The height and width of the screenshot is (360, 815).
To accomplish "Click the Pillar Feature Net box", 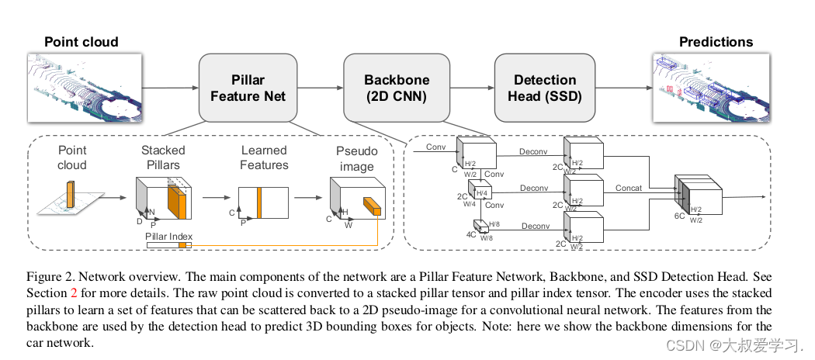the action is (248, 88).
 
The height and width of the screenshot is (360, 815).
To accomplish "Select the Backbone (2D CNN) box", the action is (397, 88).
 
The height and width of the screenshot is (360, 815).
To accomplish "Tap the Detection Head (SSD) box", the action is (545, 88).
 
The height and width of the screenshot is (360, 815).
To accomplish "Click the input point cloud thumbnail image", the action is (84, 88).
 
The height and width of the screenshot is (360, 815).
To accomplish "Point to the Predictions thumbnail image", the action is (712, 88).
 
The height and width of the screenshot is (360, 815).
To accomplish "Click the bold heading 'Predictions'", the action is (716, 42).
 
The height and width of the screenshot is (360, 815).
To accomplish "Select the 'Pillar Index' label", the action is (169, 237).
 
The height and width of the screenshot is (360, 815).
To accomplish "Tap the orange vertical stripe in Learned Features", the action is (258, 203).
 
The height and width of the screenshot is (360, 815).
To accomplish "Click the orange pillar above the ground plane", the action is (70, 194).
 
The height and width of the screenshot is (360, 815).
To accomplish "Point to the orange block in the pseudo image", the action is (372, 206).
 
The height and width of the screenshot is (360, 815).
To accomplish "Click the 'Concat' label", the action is (629, 188).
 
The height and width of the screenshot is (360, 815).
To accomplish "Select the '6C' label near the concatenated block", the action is (681, 215).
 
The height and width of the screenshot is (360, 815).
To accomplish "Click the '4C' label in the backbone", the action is (471, 234).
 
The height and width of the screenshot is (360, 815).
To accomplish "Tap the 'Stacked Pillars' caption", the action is (163, 157).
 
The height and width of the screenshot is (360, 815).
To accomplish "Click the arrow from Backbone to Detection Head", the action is (472, 88).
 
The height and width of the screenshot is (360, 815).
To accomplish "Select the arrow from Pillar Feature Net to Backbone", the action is (321, 88).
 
